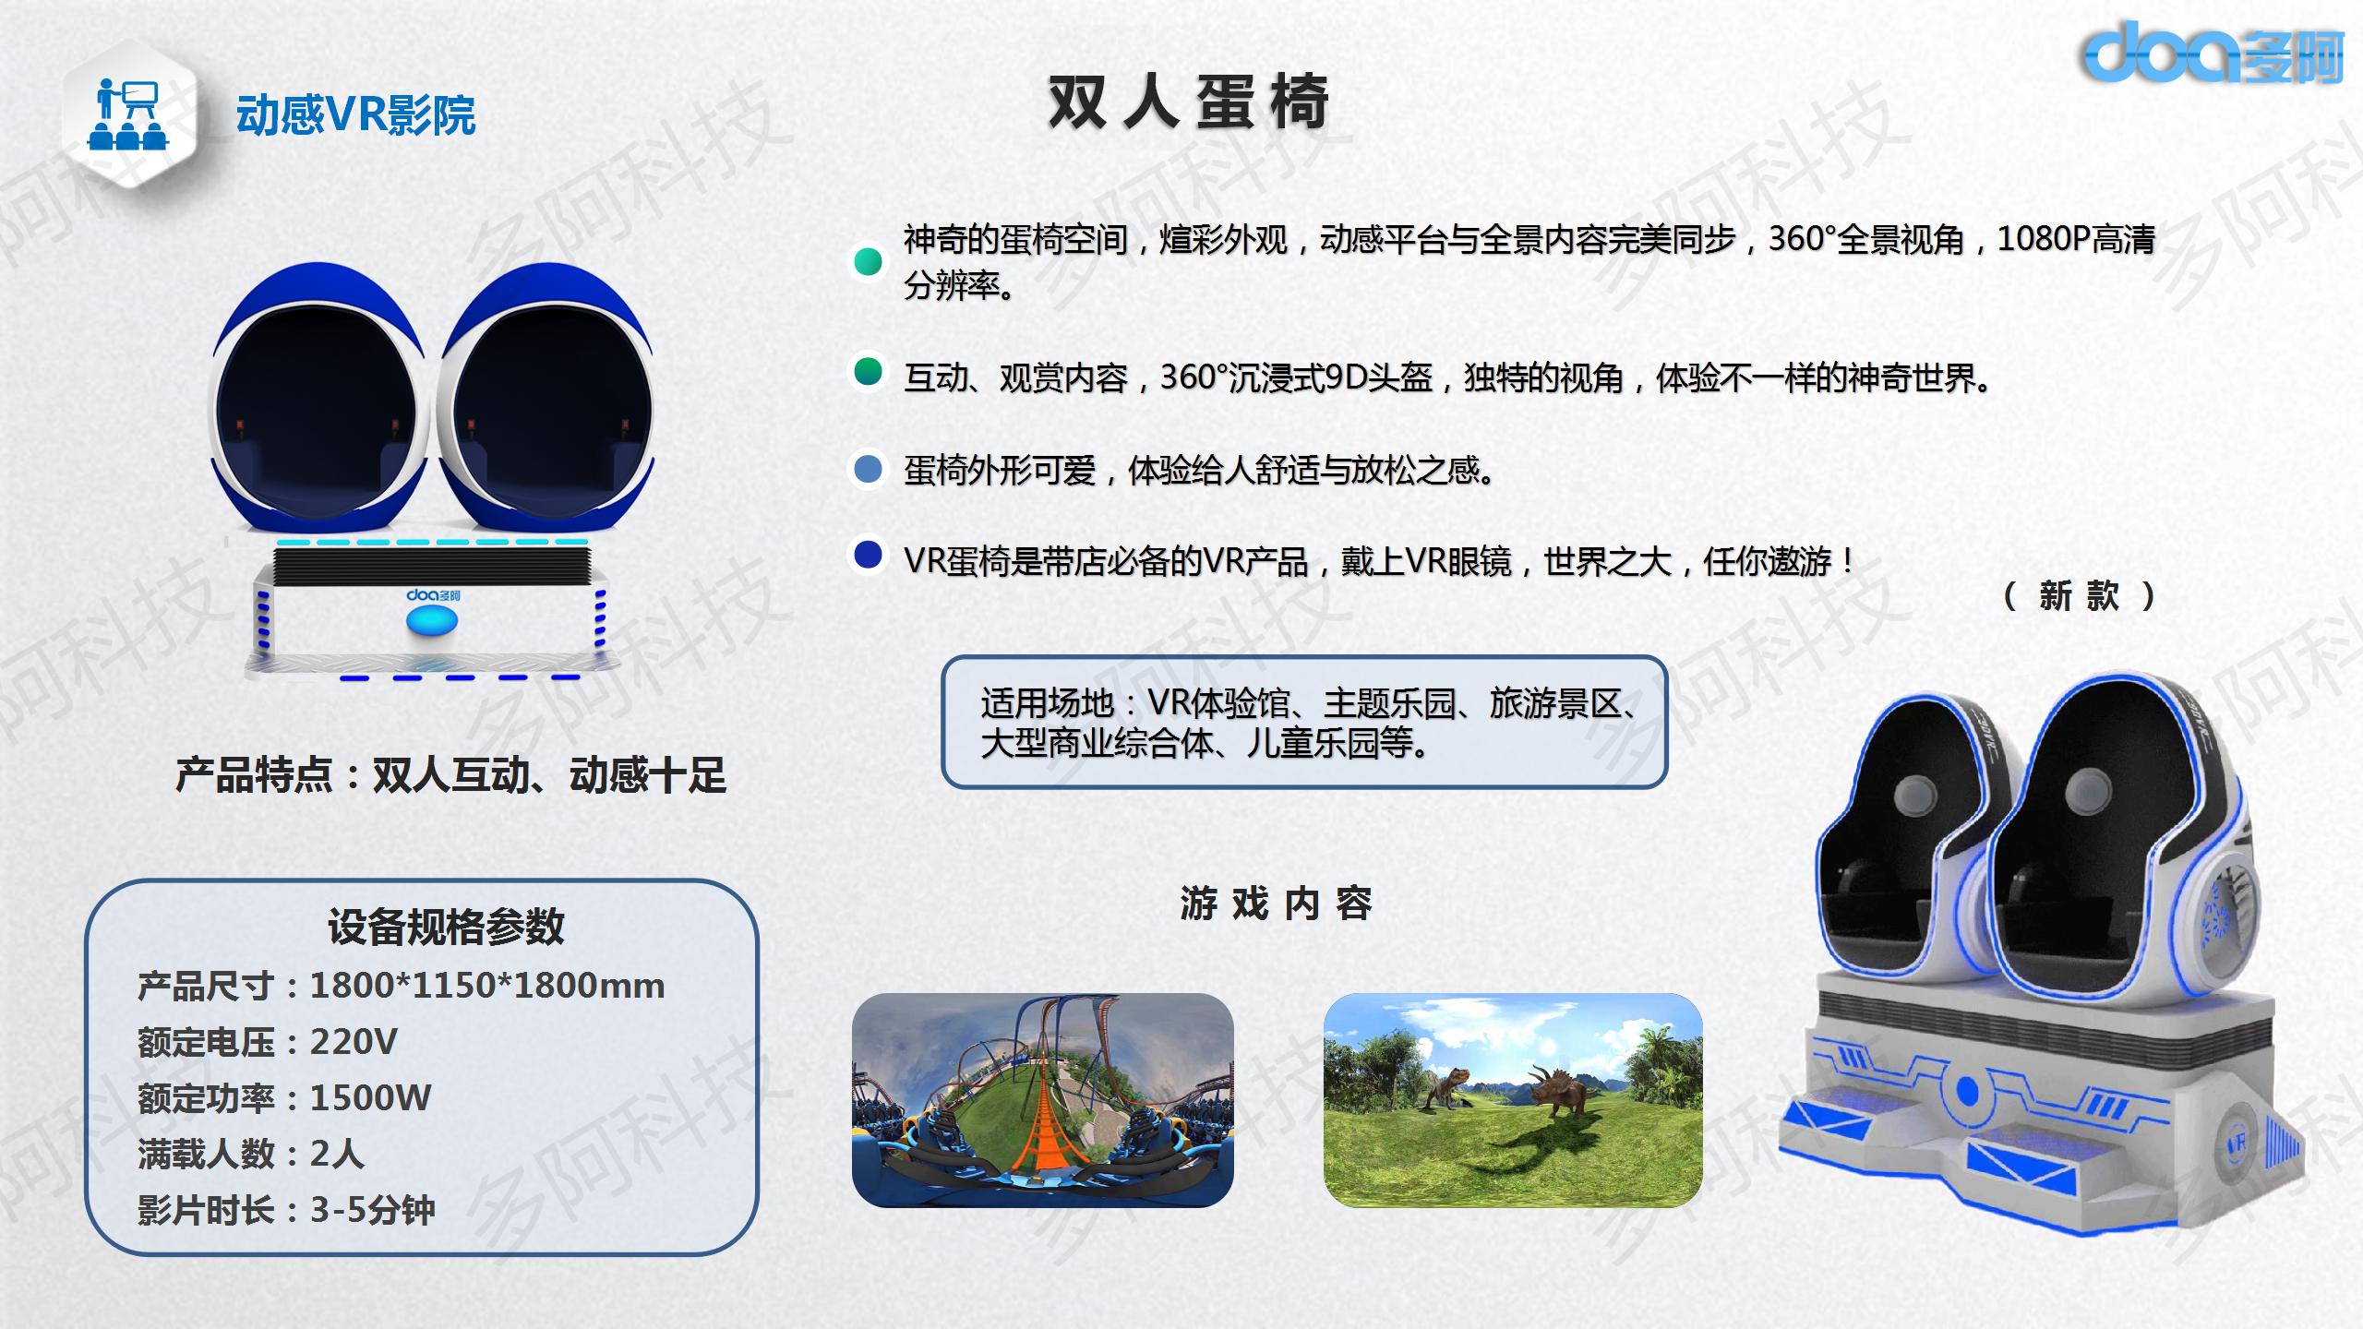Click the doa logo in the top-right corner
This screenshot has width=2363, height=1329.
pyautogui.click(x=2212, y=52)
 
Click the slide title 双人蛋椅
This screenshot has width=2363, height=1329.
pyautogui.click(x=1189, y=102)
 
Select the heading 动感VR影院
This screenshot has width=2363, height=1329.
pyautogui.click(x=355, y=115)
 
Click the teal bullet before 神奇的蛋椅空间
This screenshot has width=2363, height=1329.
pyautogui.click(x=868, y=262)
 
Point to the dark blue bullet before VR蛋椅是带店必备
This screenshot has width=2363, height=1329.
pyautogui.click(x=868, y=556)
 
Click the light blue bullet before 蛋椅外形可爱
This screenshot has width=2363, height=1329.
pyautogui.click(x=868, y=469)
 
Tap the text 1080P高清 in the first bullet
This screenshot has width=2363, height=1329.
pyautogui.click(x=2076, y=239)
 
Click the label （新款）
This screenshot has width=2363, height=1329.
pyautogui.click(x=2079, y=596)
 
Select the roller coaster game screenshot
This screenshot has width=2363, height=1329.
pyautogui.click(x=1042, y=1100)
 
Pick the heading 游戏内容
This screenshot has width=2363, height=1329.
pyautogui.click(x=1276, y=904)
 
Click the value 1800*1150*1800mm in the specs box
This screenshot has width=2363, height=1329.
pyautogui.click(x=486, y=986)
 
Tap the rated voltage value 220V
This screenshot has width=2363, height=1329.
pyautogui.click(x=354, y=1042)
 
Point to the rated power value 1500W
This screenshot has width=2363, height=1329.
pyautogui.click(x=370, y=1097)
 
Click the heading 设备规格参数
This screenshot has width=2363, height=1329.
pyautogui.click(x=446, y=928)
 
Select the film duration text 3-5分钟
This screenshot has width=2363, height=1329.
pyautogui.click(x=372, y=1210)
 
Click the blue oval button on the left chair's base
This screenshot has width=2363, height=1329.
pyautogui.click(x=432, y=622)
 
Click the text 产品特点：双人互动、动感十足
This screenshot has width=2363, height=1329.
pyautogui.click(x=450, y=775)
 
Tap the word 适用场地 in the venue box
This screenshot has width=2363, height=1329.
pyautogui.click(x=1047, y=703)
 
